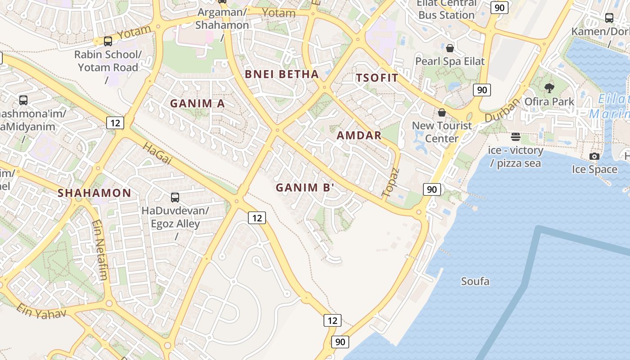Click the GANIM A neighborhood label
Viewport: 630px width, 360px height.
[x=197, y=103]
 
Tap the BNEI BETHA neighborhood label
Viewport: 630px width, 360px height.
[x=282, y=75]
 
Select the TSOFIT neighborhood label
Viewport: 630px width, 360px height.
[x=377, y=78]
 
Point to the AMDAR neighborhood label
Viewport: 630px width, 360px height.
[x=359, y=135]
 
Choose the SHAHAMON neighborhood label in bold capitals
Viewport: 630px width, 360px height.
[x=94, y=193]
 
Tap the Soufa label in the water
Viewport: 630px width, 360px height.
[x=475, y=282]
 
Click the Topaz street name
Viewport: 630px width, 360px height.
[x=391, y=183]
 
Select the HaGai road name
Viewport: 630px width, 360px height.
[x=157, y=153]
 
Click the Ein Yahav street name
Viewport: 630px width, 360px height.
[x=41, y=311]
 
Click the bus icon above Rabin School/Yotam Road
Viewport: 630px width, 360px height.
[x=108, y=41]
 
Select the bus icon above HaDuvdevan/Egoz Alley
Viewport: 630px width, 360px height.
[x=175, y=197]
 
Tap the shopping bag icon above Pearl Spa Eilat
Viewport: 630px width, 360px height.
[x=450, y=48]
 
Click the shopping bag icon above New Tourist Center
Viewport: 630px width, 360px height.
[x=442, y=112]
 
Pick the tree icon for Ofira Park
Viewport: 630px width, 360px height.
[x=549, y=88]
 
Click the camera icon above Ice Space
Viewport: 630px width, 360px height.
[x=594, y=156]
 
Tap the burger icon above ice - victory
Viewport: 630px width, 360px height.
[x=516, y=136]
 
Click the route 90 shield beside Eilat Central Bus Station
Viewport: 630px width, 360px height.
[x=499, y=8]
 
